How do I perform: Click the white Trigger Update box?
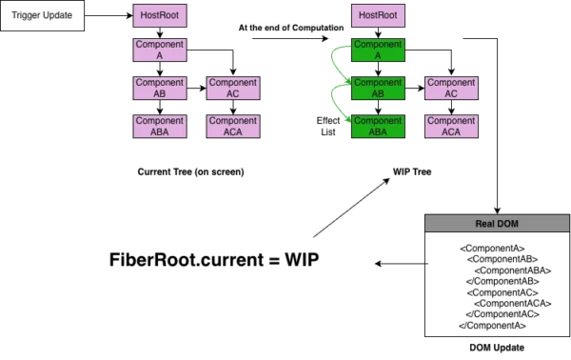click(42, 16)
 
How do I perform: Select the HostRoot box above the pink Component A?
click(159, 16)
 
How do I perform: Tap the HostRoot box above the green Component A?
click(378, 16)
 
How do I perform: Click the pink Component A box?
click(159, 50)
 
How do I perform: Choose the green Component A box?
click(378, 50)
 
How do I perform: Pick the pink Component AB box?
click(159, 89)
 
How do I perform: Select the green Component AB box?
click(378, 89)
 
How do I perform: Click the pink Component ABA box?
click(159, 127)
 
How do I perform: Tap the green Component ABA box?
click(378, 127)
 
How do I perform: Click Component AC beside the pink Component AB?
click(233, 89)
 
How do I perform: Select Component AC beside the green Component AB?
click(451, 89)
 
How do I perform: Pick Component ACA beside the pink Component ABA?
click(233, 127)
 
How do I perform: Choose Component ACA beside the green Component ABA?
click(451, 127)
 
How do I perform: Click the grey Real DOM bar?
click(495, 225)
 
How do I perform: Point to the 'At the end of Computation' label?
click(290, 29)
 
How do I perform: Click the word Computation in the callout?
click(317, 29)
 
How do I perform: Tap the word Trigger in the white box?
click(26, 16)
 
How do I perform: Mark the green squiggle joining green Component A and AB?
click(336, 68)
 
